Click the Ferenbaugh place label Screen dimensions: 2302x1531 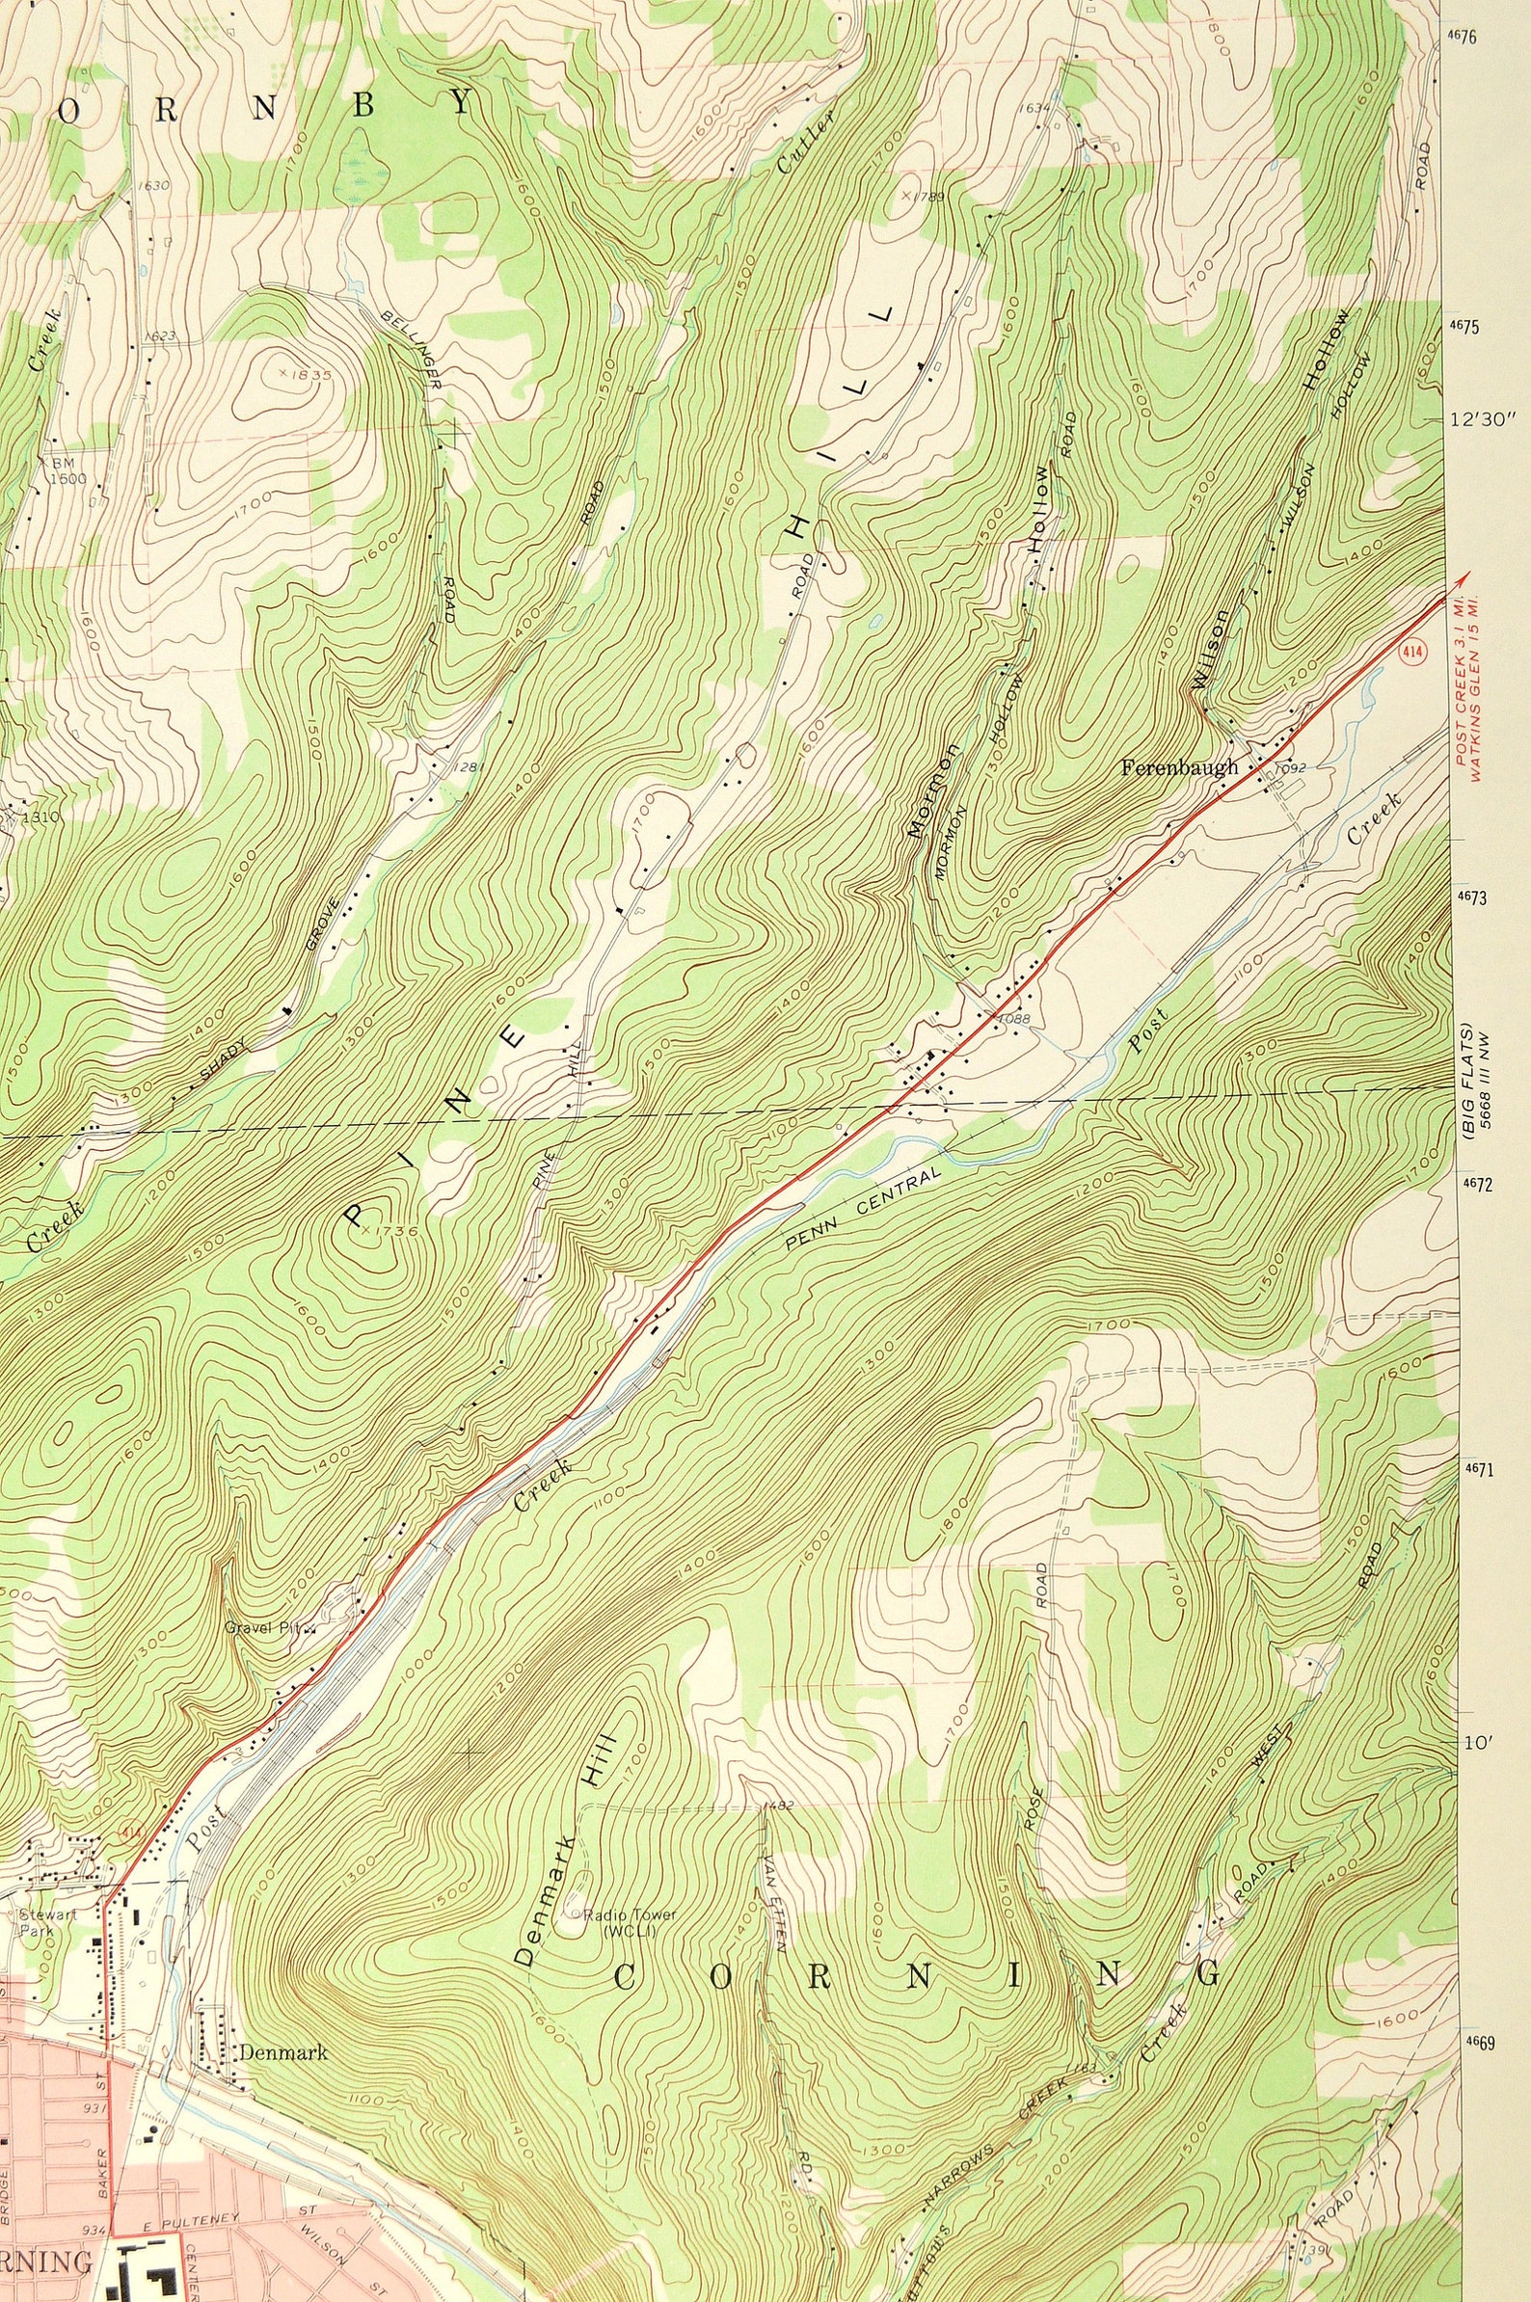click(1178, 767)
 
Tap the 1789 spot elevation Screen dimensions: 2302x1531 click(928, 197)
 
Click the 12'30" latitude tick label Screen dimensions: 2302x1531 click(1483, 420)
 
